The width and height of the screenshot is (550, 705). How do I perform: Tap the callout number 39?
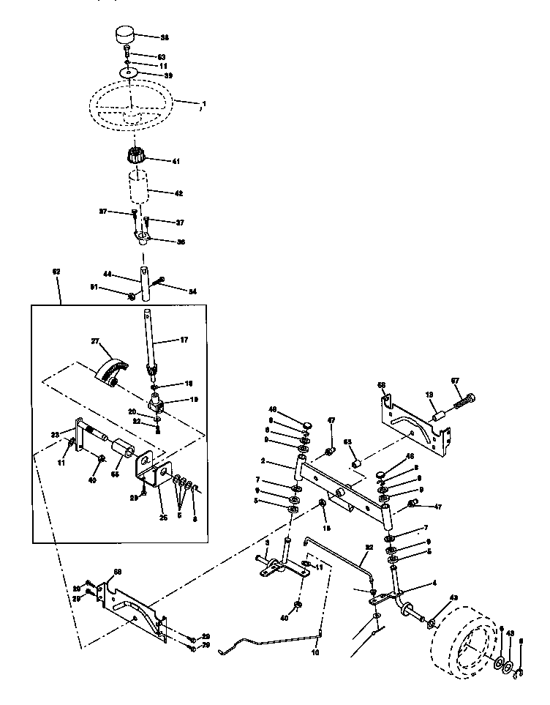point(168,75)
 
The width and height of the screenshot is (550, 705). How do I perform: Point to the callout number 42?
point(178,193)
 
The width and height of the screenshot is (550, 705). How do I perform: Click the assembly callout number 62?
point(57,271)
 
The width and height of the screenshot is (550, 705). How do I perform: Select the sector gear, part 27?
point(112,369)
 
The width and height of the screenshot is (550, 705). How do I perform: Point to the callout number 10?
point(315,652)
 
